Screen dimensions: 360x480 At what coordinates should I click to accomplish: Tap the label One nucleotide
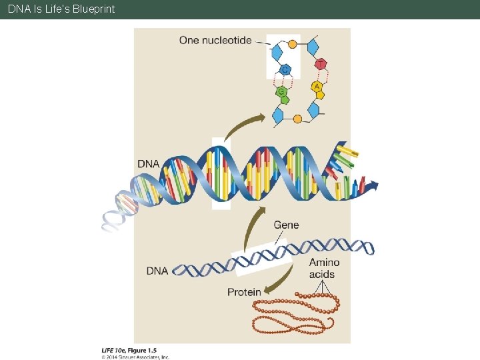(x=215, y=40)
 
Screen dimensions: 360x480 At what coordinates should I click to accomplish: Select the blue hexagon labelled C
(x=285, y=69)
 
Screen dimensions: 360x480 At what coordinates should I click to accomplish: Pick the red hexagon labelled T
(x=321, y=64)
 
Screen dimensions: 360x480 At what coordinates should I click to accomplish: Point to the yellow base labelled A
(x=317, y=87)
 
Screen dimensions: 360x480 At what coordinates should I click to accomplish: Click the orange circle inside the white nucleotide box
(x=292, y=44)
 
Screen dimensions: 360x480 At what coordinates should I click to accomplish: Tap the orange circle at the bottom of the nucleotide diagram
(x=297, y=119)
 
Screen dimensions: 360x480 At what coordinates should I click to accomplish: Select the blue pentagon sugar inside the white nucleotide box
(x=277, y=53)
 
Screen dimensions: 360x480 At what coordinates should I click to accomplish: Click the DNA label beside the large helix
(x=149, y=163)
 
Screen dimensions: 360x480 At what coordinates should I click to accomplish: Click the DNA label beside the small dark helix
(x=157, y=271)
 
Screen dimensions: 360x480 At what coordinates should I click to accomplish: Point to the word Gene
(x=286, y=225)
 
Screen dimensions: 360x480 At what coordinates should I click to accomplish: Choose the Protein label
(x=244, y=292)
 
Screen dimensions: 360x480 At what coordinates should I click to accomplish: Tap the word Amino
(x=324, y=263)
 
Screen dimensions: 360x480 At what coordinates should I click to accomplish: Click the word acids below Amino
(x=323, y=274)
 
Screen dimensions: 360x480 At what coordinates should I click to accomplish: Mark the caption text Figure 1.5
(x=143, y=350)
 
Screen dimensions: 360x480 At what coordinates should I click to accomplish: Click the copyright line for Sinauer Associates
(x=135, y=357)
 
